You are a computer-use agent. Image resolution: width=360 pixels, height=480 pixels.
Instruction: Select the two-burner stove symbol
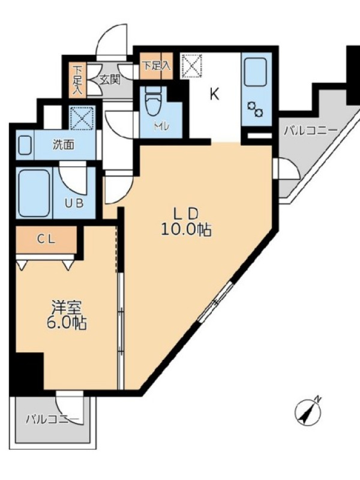click(x=254, y=109)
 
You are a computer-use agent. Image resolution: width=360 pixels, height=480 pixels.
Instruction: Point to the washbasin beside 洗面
click(x=25, y=145)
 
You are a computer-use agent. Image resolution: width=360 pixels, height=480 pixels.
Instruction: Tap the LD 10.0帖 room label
click(x=186, y=221)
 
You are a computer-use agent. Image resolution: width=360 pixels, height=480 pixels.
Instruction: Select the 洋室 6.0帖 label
click(x=66, y=315)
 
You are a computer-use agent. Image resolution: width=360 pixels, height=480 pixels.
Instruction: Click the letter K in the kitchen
click(x=214, y=94)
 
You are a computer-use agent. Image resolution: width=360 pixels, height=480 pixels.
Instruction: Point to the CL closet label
click(x=46, y=239)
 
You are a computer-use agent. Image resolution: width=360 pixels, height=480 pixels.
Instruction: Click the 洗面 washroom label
click(x=64, y=145)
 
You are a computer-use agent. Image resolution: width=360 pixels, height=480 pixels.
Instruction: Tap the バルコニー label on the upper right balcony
click(x=310, y=131)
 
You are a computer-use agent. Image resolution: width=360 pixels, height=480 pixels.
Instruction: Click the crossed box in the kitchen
click(x=192, y=66)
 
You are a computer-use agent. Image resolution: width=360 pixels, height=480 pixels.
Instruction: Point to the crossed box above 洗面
click(x=81, y=117)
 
